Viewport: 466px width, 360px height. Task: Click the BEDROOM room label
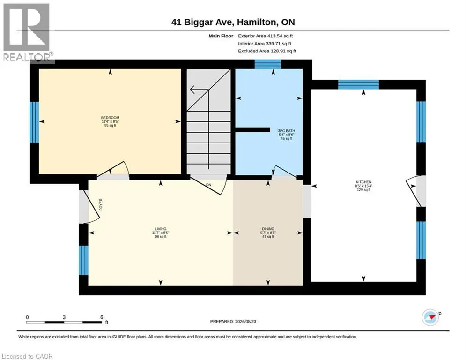[x=110, y=118]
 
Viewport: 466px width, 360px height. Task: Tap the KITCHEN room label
[x=364, y=182]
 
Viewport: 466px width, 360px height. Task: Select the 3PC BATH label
[x=287, y=131]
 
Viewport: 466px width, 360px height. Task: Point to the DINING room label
[x=268, y=229]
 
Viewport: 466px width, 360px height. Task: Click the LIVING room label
[x=161, y=229]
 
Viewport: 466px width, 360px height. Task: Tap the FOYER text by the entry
[x=101, y=204]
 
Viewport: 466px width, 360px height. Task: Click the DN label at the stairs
[x=208, y=185]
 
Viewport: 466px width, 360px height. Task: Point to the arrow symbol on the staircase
[x=199, y=89]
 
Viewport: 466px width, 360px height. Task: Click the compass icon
[x=430, y=317]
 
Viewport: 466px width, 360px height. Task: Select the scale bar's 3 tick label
[x=64, y=317]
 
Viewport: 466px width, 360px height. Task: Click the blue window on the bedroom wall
[x=35, y=122]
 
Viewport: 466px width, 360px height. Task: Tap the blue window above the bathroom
[x=268, y=64]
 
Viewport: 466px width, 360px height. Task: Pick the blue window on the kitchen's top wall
[x=358, y=84]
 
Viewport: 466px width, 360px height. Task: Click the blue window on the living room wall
[x=83, y=260]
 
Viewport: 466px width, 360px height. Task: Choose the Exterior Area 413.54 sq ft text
[x=266, y=36]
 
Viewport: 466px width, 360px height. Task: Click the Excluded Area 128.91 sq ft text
[x=267, y=51]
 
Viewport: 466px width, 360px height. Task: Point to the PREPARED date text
[x=233, y=321]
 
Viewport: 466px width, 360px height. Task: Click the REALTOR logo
[x=27, y=33]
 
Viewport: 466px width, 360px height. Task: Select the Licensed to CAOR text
[x=27, y=356]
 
